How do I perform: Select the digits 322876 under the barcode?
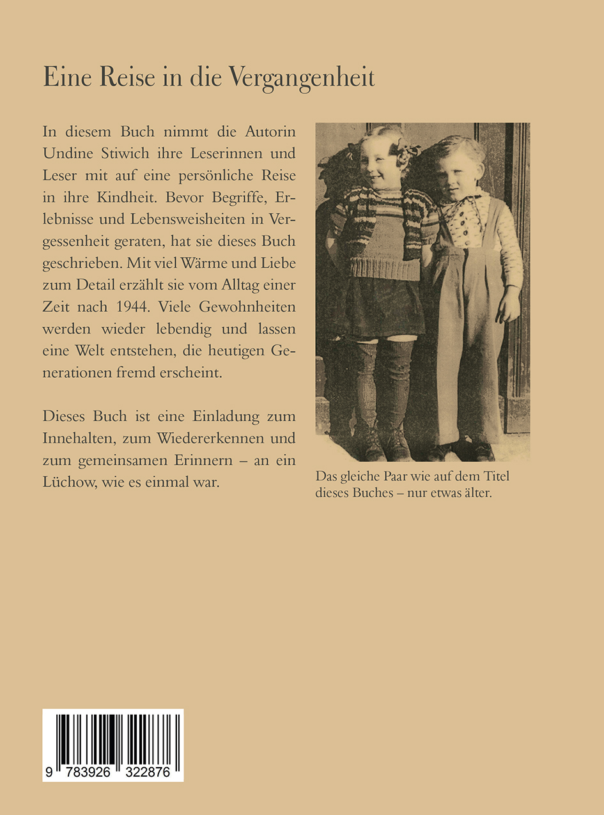pos(149,772)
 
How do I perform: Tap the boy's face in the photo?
pos(456,169)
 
